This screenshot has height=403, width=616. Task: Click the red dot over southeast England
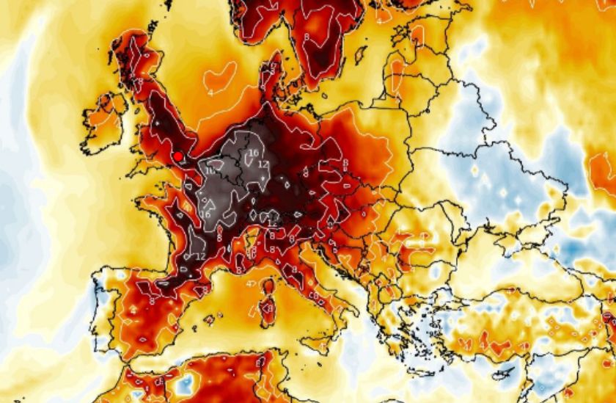click(177, 156)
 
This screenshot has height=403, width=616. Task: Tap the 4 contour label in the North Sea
click(211, 92)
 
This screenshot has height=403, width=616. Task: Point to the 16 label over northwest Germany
click(253, 153)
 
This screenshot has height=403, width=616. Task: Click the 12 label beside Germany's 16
click(263, 164)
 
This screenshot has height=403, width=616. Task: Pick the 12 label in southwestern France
click(199, 255)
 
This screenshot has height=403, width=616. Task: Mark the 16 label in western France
click(205, 214)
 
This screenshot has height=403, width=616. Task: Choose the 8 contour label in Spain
click(152, 299)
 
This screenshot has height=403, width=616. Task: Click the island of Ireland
click(103, 117)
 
